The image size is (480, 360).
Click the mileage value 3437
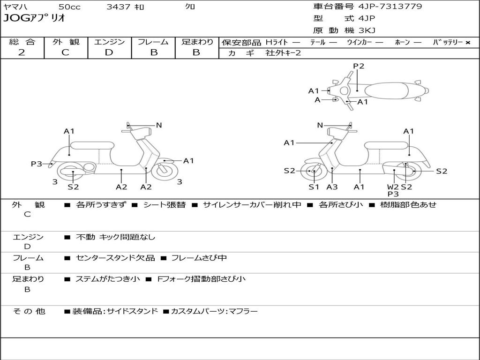click(x=119, y=7)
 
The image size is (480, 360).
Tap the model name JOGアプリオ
click(x=34, y=18)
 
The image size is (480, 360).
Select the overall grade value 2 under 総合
click(x=22, y=52)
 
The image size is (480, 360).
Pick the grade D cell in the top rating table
click(x=109, y=52)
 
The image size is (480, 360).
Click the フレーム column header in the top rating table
click(x=153, y=42)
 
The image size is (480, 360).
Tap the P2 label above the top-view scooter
click(x=359, y=66)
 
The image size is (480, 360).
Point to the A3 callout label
click(x=332, y=187)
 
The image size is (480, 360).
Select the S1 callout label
click(x=314, y=187)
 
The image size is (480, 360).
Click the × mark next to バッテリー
click(x=467, y=43)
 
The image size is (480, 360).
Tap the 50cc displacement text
click(x=69, y=7)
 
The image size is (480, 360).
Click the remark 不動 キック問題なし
click(x=115, y=237)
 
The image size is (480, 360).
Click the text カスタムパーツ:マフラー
click(x=214, y=311)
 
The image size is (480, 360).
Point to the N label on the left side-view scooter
click(x=159, y=125)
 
